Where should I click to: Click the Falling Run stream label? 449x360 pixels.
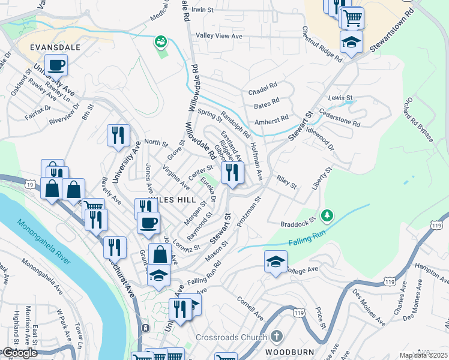click(309, 241)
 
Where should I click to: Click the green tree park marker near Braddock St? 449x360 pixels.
click(327, 214)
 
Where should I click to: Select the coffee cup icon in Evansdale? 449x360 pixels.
click(56, 65)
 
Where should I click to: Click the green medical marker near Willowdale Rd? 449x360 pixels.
click(160, 41)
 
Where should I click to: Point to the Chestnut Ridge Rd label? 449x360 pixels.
click(322, 44)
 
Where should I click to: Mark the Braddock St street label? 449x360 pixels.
click(303, 223)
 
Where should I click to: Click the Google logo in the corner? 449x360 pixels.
click(19, 353)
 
